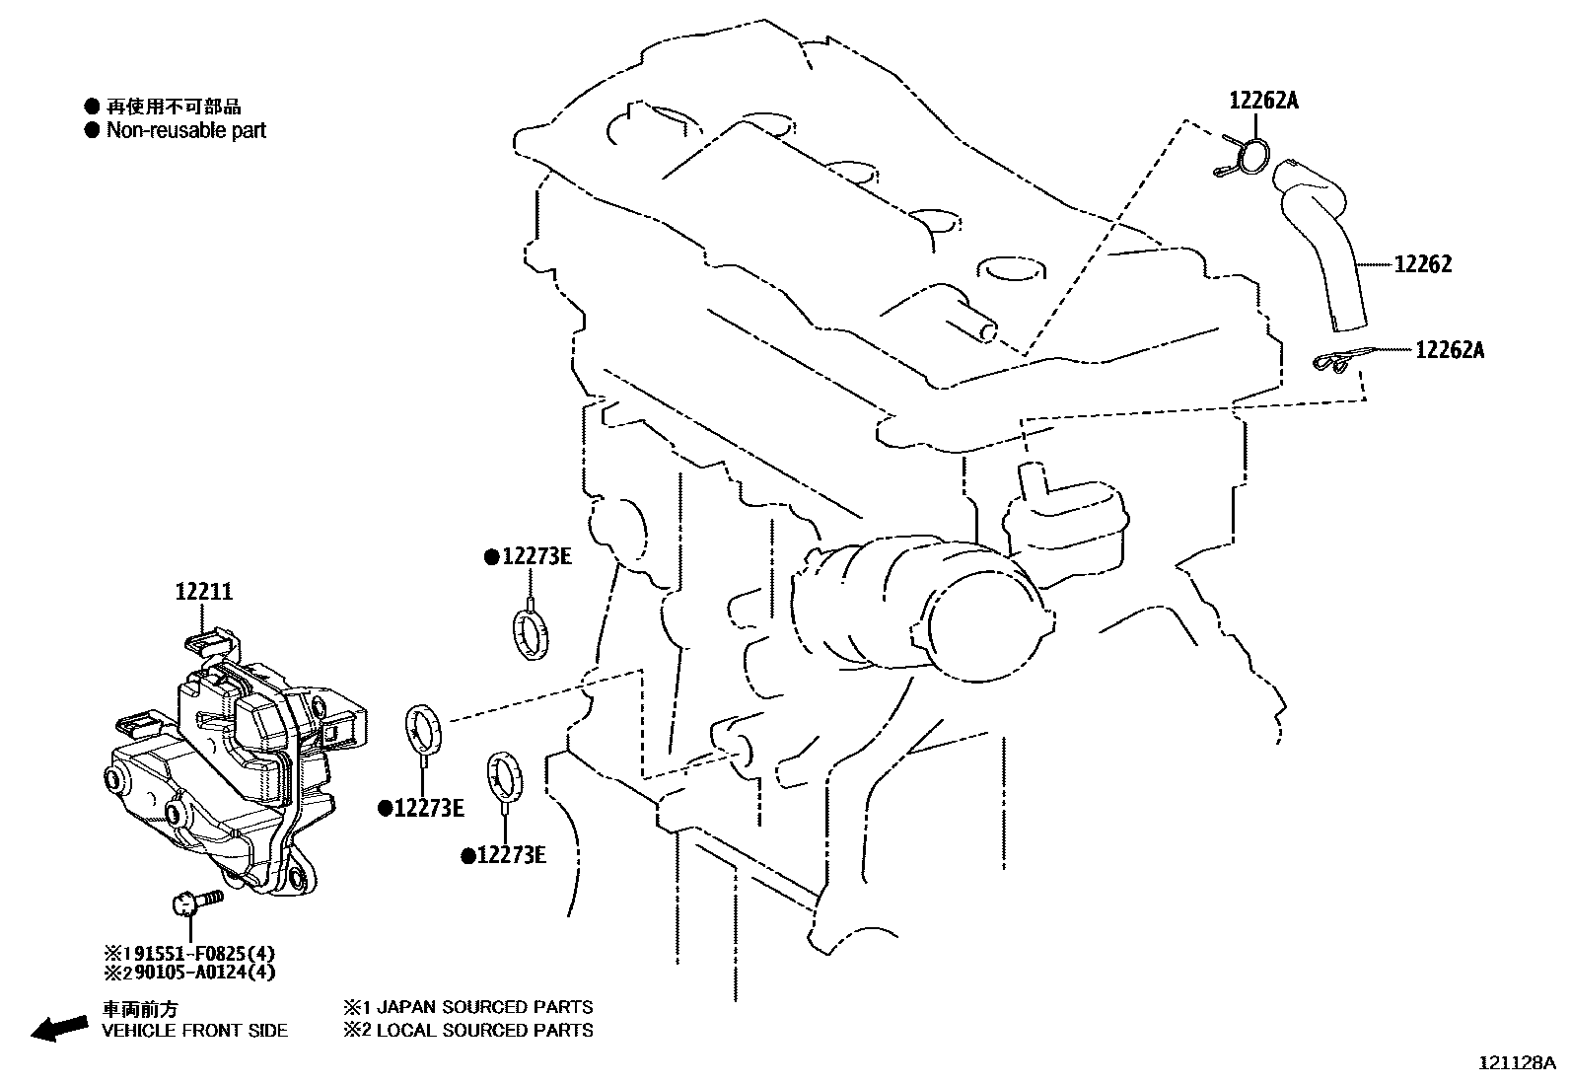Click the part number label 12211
[x=204, y=592]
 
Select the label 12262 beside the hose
[x=1422, y=264]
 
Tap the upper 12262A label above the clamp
[x=1263, y=100]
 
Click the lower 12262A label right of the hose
[x=1449, y=349]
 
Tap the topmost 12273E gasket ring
[x=531, y=632]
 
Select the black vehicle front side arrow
[x=59, y=1027]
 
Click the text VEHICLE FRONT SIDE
[x=195, y=1031]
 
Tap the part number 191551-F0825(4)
[x=190, y=953]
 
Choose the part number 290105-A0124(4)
[x=190, y=973]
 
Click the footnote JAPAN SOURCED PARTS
[x=468, y=1007]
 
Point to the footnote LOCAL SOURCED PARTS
[x=468, y=1031]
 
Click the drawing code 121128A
[x=1516, y=1062]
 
